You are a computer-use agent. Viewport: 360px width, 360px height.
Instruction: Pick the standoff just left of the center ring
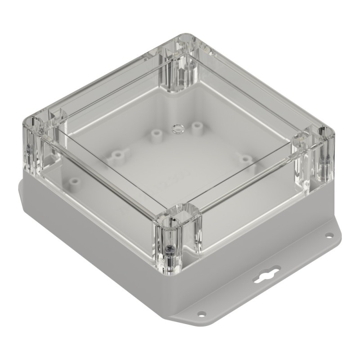(156, 134)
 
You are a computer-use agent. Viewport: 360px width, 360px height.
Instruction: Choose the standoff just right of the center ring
(196, 127)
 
